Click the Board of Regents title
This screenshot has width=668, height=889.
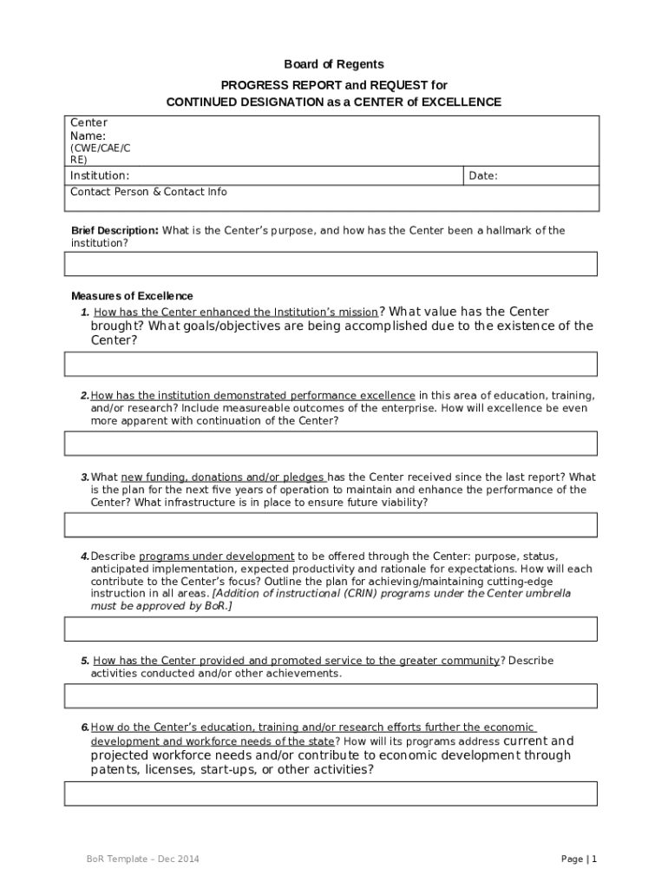click(x=334, y=64)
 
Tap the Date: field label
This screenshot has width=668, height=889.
click(x=482, y=175)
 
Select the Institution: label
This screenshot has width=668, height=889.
click(x=100, y=175)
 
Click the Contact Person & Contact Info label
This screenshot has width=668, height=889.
click(x=148, y=191)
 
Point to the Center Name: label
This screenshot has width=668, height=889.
click(x=88, y=129)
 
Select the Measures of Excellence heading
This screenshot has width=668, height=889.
click(x=132, y=296)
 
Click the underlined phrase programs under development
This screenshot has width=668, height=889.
click(x=217, y=556)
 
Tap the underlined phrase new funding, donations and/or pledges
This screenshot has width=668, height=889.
click(x=223, y=477)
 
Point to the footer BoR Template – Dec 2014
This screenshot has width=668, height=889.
click(x=142, y=859)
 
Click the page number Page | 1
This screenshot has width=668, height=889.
click(x=579, y=859)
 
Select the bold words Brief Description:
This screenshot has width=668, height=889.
click(x=115, y=231)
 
